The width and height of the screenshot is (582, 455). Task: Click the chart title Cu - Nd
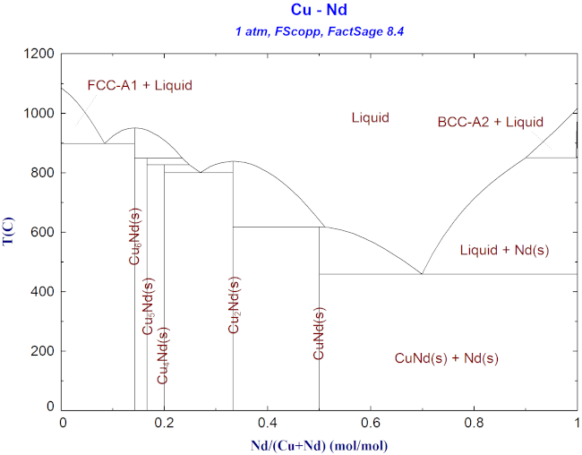click(320, 11)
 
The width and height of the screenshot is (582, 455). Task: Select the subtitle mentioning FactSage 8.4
click(320, 31)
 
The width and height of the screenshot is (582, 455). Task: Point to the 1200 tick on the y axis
click(39, 55)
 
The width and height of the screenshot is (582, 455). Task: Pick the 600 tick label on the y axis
click(43, 233)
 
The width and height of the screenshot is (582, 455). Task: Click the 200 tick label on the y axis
click(43, 351)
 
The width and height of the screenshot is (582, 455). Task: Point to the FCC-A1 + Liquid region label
click(140, 86)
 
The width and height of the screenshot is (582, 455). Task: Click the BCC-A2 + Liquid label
click(490, 122)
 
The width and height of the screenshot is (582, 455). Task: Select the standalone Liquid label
click(370, 117)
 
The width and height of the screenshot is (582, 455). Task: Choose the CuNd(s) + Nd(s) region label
click(446, 357)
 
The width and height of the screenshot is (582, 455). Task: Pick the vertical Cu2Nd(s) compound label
click(234, 305)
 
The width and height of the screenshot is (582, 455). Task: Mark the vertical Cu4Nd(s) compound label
click(162, 356)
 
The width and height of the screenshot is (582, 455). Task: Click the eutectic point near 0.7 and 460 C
click(422, 274)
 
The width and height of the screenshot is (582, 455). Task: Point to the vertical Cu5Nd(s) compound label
click(149, 307)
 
